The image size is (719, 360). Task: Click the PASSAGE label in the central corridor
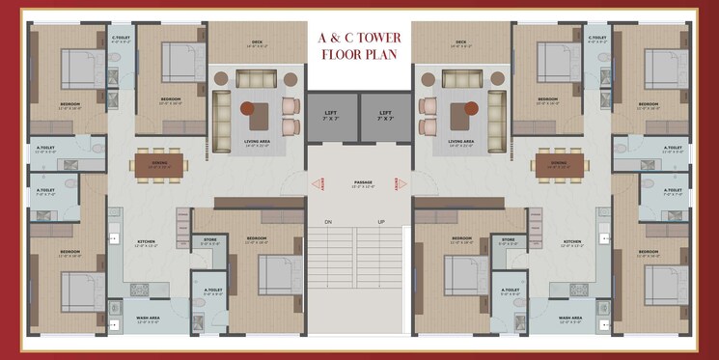(362, 181)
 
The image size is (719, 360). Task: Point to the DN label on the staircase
(328, 222)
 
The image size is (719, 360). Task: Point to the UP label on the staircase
(380, 222)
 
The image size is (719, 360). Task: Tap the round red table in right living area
(470, 107)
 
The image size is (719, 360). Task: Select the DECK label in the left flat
(257, 42)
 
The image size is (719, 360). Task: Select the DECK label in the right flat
(461, 42)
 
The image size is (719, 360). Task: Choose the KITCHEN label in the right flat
(572, 241)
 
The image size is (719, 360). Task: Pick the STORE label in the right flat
(509, 239)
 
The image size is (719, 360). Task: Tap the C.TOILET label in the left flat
(121, 39)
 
